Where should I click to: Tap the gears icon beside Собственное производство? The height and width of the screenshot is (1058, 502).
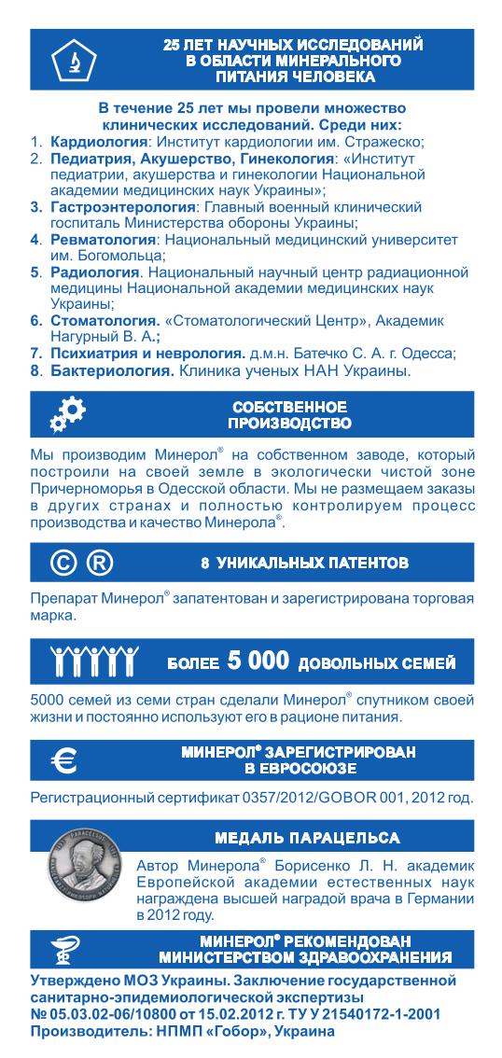pos(66,415)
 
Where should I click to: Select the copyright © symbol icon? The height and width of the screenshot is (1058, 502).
pos(62,564)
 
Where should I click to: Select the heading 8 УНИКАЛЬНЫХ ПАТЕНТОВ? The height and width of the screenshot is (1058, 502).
pos(304,564)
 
